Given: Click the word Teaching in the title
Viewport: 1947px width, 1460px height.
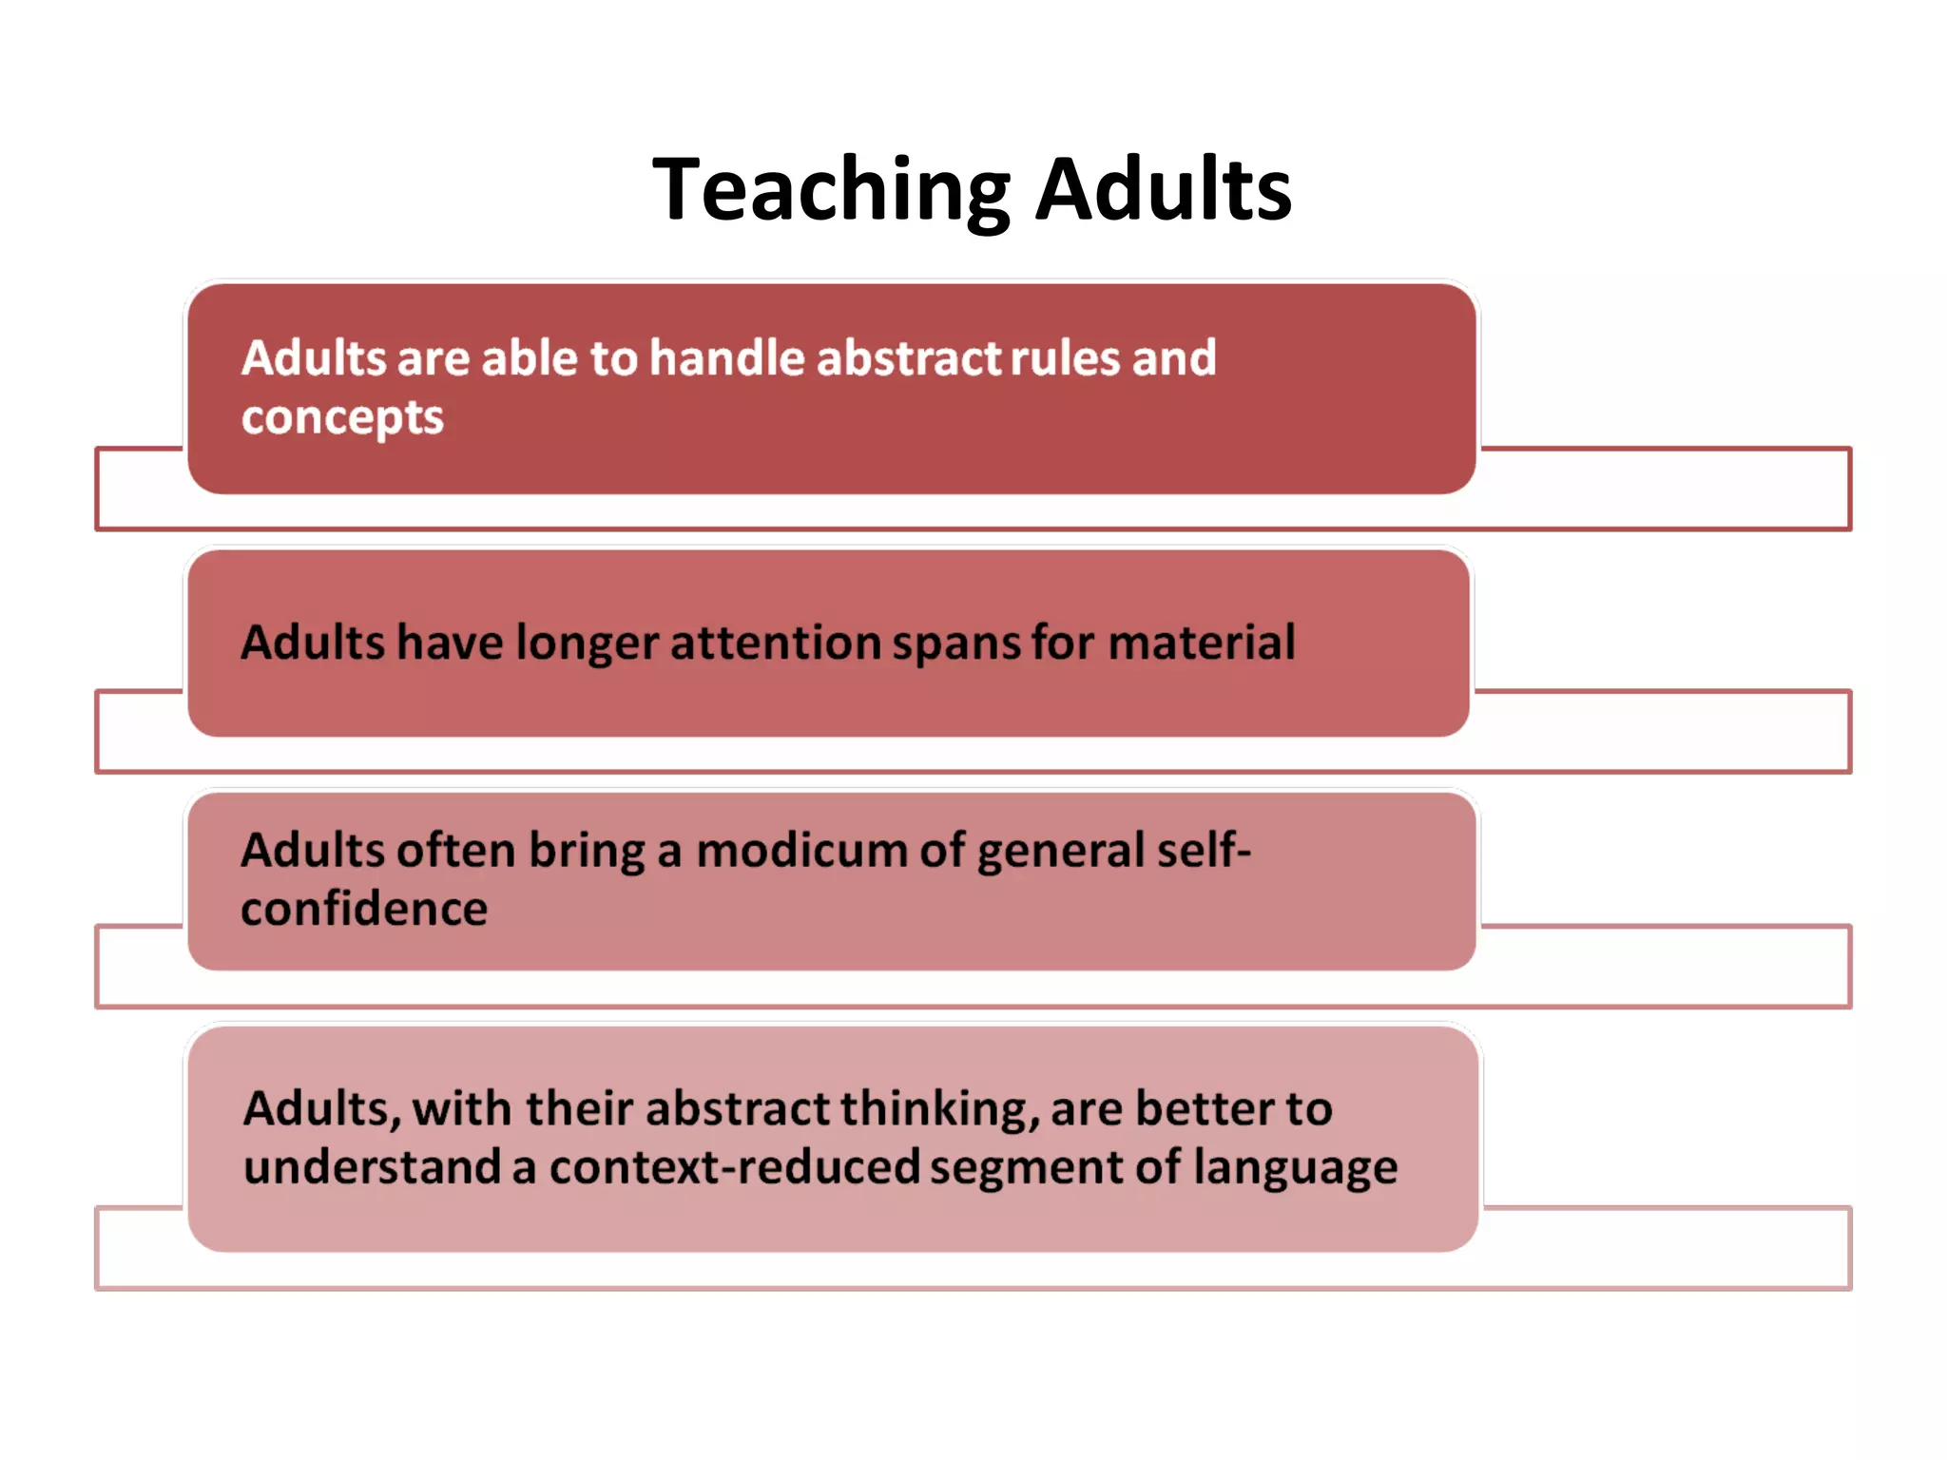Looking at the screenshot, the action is point(831,190).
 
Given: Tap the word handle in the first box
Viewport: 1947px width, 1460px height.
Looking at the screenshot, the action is point(727,358).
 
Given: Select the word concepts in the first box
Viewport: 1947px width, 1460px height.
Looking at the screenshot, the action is point(342,418).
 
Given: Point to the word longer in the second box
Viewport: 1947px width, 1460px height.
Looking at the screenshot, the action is point(587,644).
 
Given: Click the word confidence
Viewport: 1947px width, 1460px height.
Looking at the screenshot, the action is point(364,910).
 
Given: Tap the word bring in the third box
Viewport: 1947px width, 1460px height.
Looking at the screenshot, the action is point(587,851).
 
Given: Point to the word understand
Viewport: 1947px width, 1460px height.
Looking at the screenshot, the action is point(372,1168).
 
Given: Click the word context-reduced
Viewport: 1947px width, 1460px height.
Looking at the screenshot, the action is point(734,1168).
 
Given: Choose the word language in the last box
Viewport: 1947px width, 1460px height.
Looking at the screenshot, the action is point(1295,1168).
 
